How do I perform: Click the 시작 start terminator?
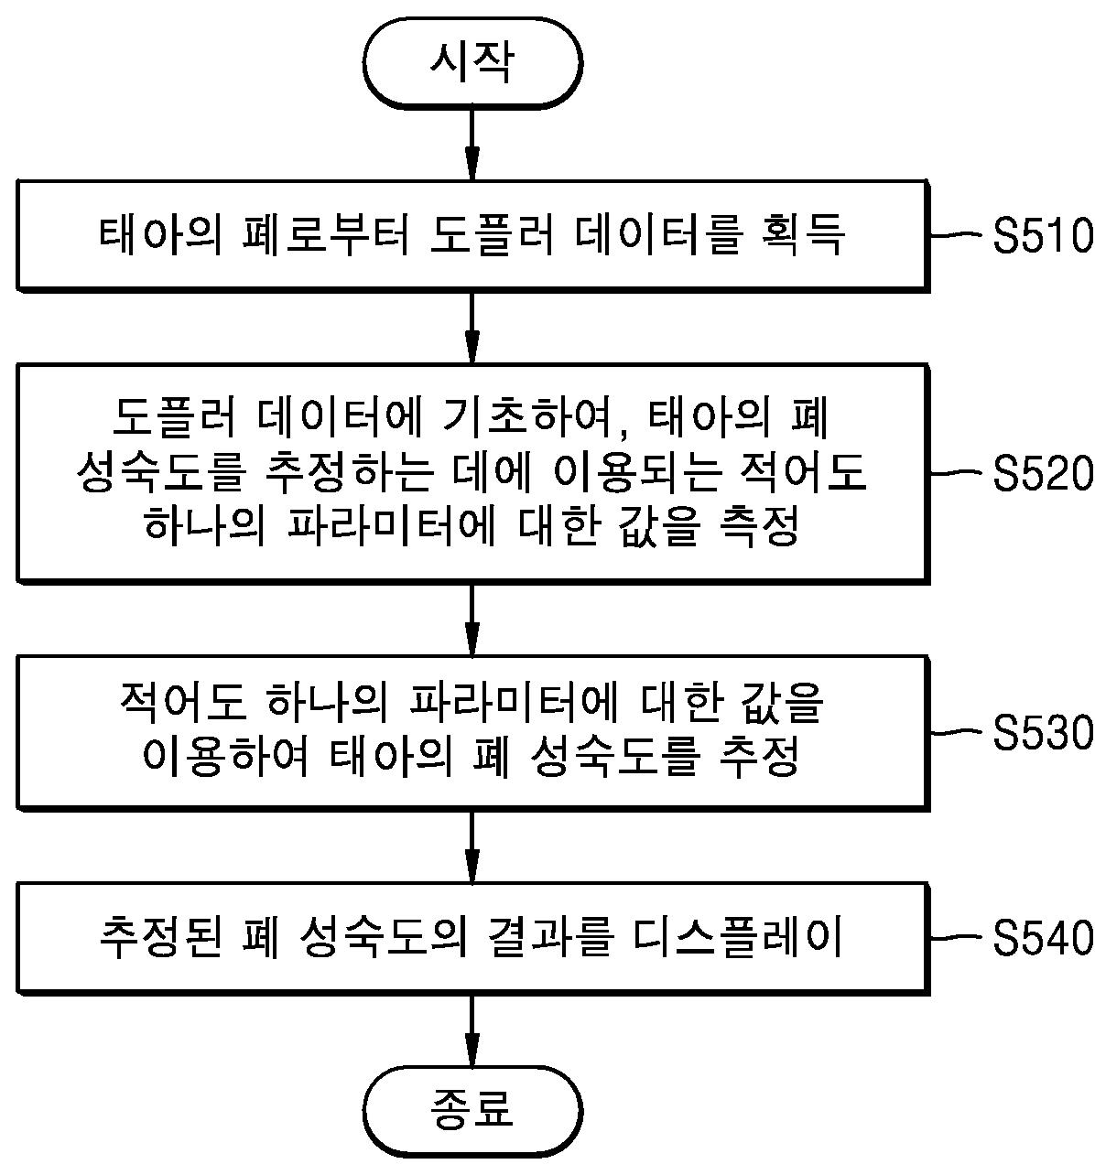(x=472, y=62)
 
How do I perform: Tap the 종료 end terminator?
(x=472, y=1108)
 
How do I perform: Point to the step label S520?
(x=1043, y=474)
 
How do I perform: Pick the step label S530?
(x=1043, y=733)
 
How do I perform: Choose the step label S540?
(x=1043, y=939)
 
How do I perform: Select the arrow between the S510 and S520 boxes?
(x=472, y=328)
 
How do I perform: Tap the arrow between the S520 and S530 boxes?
(x=472, y=619)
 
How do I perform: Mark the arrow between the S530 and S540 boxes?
(x=472, y=846)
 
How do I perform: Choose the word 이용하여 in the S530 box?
(x=235, y=757)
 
